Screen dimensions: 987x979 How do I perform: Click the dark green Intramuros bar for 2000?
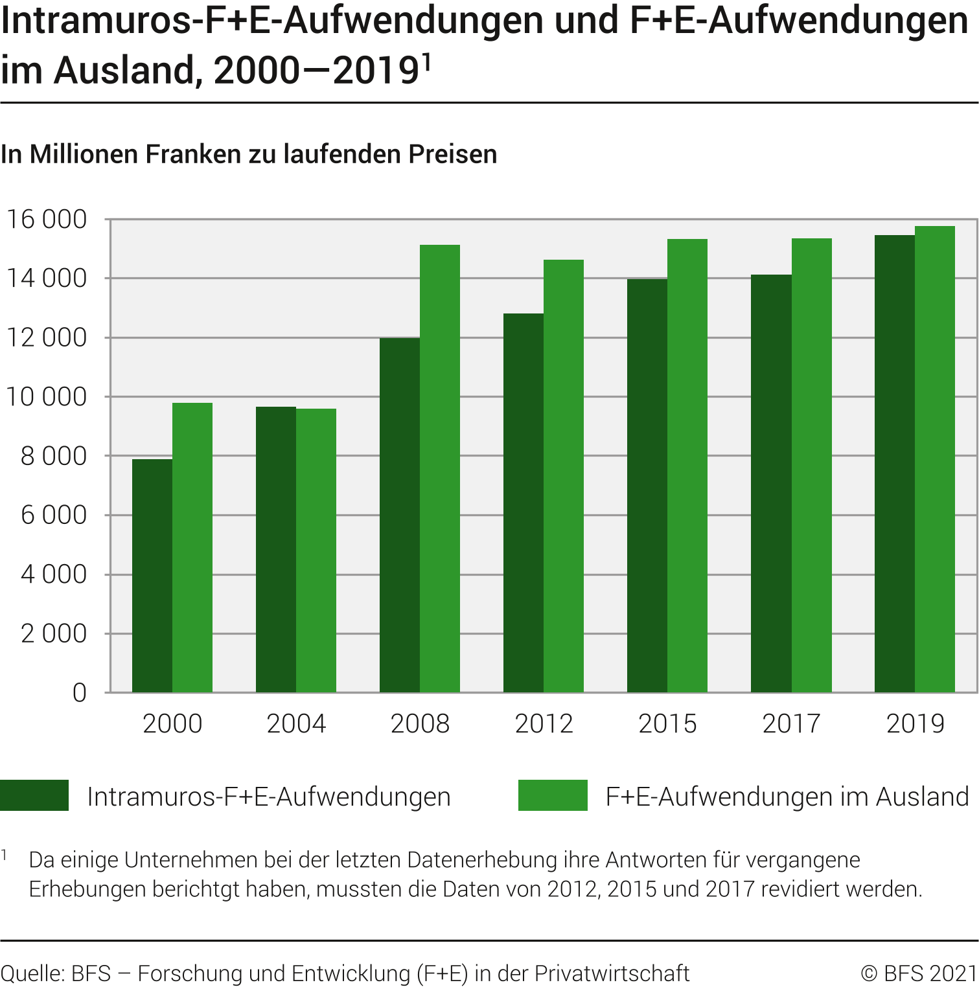(x=152, y=576)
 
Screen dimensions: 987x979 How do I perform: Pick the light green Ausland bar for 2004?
(x=316, y=550)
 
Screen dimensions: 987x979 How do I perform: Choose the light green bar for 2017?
(x=811, y=466)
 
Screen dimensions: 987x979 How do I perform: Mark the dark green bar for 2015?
(x=647, y=486)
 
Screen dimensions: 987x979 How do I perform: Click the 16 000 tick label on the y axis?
(x=46, y=220)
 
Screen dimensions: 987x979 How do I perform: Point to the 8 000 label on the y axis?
(x=53, y=457)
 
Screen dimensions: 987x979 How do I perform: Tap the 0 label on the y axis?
(x=79, y=693)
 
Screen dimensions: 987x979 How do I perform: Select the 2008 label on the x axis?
(x=420, y=723)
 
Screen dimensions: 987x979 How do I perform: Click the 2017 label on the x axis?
(x=791, y=723)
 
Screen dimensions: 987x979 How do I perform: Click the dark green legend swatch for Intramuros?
(x=34, y=795)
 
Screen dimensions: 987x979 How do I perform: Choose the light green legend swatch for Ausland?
(x=553, y=795)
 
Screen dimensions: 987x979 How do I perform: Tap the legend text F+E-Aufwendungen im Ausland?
(x=787, y=797)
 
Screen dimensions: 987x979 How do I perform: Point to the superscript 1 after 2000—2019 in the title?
(x=426, y=61)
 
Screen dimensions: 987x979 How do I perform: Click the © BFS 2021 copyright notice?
(x=919, y=973)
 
